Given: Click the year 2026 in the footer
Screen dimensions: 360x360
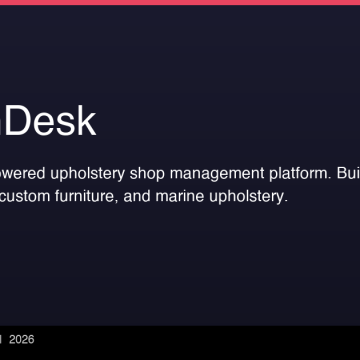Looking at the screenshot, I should point(22,340).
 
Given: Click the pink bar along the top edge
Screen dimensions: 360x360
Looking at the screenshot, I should point(180,2).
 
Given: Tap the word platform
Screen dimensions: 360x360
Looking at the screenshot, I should point(296,172).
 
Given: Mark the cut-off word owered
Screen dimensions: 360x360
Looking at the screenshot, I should point(22,172).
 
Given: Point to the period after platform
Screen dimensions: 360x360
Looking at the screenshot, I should point(327,177).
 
